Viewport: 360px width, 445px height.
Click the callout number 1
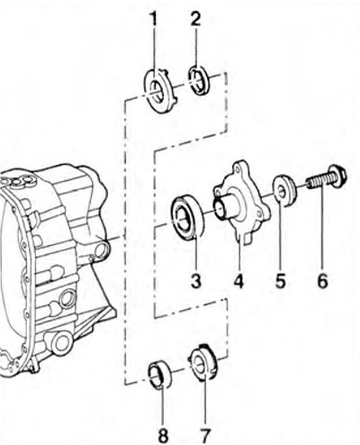154,20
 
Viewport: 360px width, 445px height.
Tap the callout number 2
195,19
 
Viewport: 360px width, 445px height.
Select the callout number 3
195,282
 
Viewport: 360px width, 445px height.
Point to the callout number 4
238,282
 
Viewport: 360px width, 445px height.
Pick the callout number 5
281,282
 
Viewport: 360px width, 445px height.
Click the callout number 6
322,282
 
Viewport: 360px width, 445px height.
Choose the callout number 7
205,434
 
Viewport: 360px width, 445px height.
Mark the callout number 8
163,434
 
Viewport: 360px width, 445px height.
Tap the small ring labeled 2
199,79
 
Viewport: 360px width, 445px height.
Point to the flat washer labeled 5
285,192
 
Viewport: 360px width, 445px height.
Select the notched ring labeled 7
202,361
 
